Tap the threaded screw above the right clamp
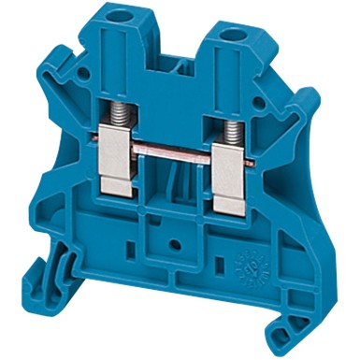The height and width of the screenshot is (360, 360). tap(229, 121)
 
